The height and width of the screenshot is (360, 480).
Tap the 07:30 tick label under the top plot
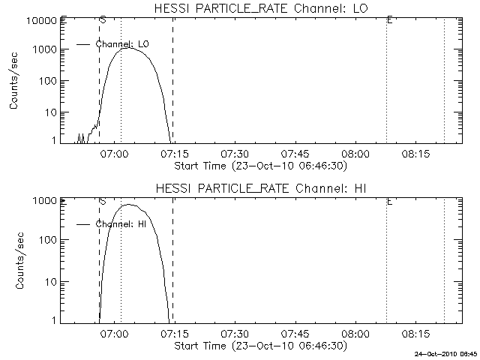pyautogui.click(x=235, y=154)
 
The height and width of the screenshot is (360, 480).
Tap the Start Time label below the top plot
pyautogui.click(x=259, y=166)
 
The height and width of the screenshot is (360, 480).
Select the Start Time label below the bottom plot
pyautogui.click(x=259, y=346)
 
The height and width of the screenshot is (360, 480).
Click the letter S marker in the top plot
pyautogui.click(x=102, y=19)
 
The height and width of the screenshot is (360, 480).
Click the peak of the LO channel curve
pyautogui.click(x=129, y=48)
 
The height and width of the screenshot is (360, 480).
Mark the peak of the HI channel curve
pyautogui.click(x=128, y=204)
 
